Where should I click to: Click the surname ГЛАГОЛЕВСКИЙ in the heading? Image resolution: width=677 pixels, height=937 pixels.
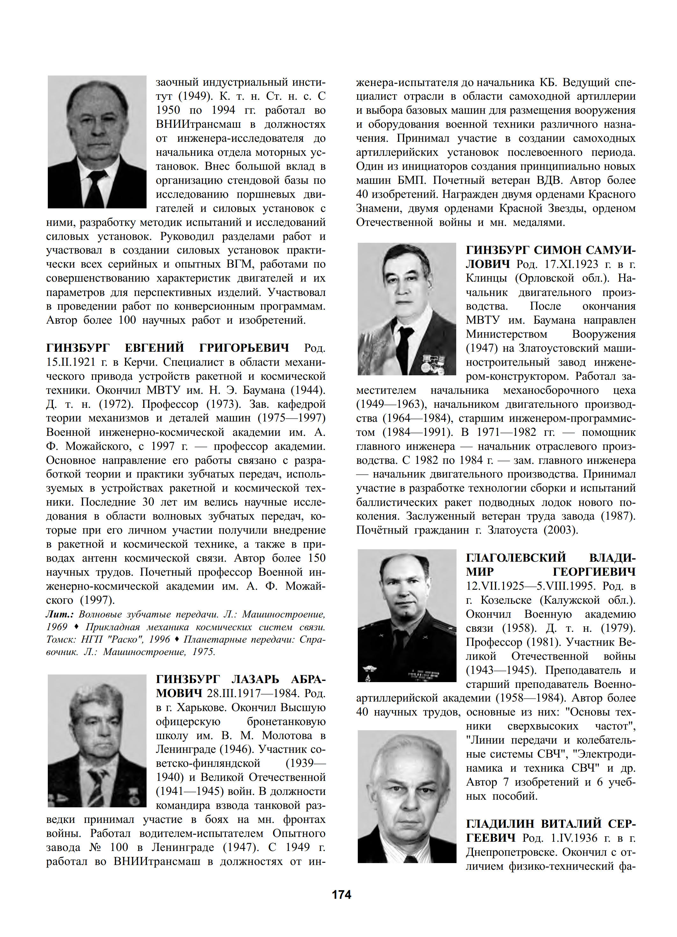(515, 558)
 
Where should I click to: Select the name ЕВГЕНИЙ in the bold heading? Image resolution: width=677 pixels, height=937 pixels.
(154, 348)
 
